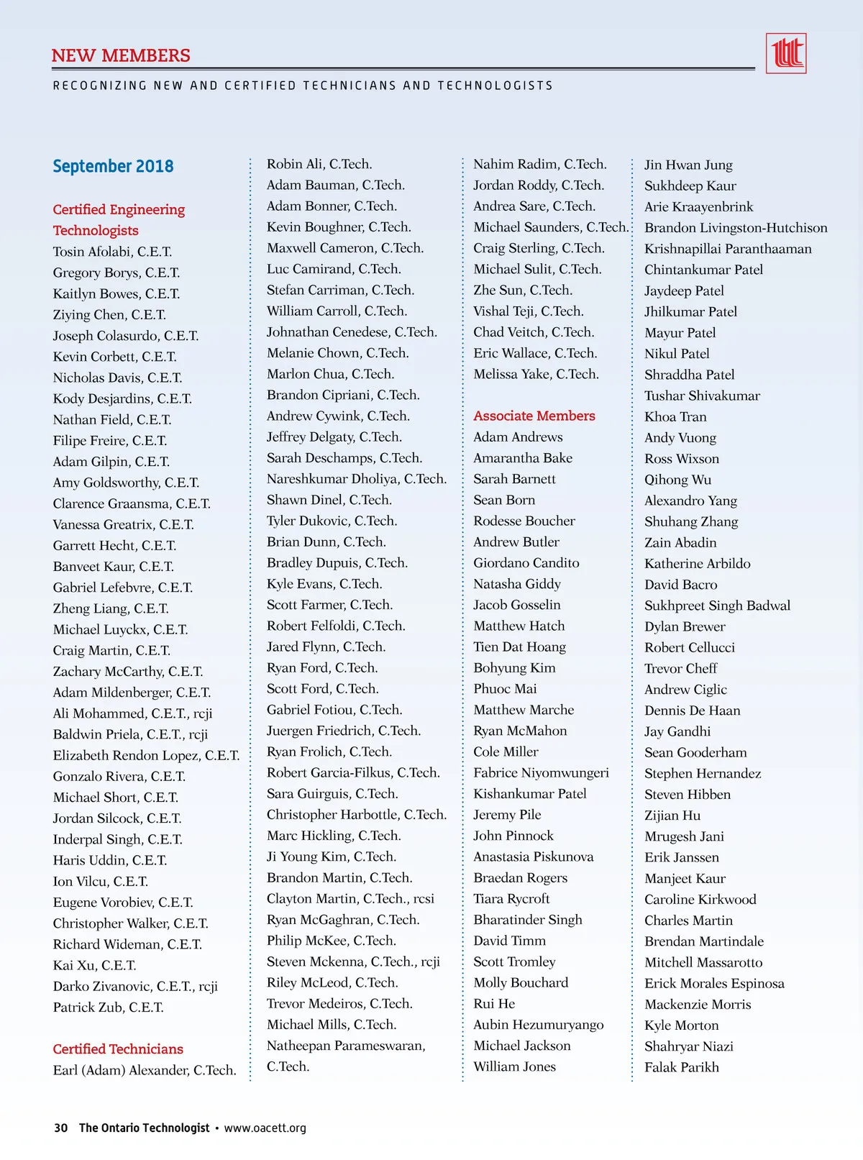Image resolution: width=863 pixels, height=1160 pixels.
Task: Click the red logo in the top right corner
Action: (786, 53)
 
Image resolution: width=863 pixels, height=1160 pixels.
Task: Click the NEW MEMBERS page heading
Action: (121, 55)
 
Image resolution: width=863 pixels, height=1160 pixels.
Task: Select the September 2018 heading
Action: (113, 166)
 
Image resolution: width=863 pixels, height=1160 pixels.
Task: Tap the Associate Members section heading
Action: (534, 416)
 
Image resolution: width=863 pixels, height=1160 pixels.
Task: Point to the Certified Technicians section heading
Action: (118, 1049)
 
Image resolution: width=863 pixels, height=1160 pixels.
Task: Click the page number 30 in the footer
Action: (61, 1128)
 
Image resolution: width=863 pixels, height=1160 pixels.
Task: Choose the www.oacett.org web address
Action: (265, 1128)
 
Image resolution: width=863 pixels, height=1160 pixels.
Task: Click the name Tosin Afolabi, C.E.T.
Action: (112, 252)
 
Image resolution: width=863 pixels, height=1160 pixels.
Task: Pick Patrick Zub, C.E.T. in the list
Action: (108, 1007)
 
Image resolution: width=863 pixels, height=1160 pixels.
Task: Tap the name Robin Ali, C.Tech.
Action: (319, 164)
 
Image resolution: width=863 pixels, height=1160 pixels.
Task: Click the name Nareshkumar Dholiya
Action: (356, 479)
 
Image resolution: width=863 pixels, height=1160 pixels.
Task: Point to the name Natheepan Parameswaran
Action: (346, 1046)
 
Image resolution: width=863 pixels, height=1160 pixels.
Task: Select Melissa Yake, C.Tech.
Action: (536, 374)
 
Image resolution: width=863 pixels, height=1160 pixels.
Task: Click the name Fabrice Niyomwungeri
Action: (541, 772)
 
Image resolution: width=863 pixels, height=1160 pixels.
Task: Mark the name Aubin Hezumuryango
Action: (538, 1025)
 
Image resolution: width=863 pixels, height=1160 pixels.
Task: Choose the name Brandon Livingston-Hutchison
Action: (736, 228)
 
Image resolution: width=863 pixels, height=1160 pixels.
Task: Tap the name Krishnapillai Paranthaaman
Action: (728, 249)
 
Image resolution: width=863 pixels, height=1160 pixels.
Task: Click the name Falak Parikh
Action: (681, 1067)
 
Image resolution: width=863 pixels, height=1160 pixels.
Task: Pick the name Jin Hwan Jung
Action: (688, 165)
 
